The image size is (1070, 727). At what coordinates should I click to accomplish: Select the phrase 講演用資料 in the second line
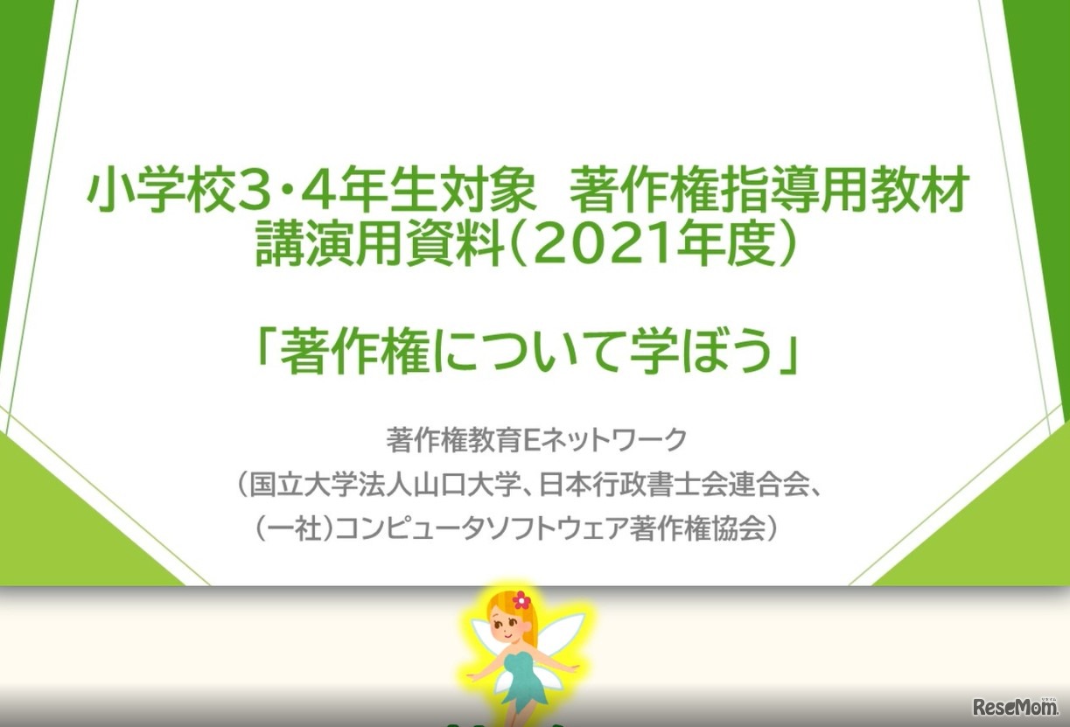[x=381, y=245]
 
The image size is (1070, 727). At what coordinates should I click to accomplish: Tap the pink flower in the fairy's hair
[x=521, y=599]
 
